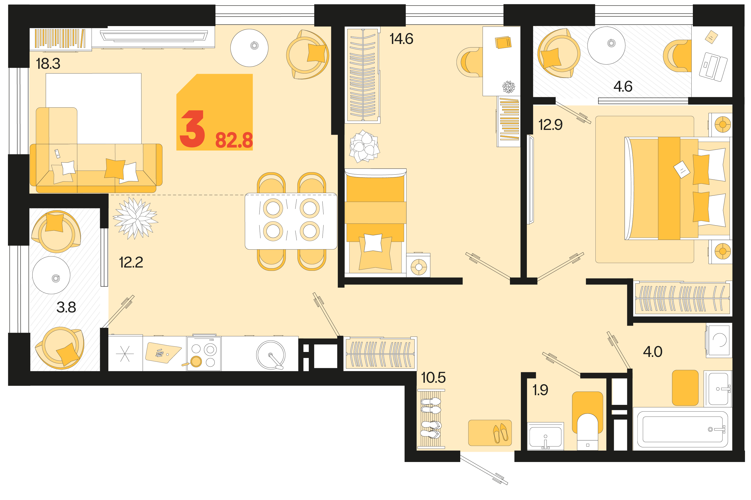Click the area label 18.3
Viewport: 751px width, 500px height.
48,64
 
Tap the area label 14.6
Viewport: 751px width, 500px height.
401,39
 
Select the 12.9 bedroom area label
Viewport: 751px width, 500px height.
550,125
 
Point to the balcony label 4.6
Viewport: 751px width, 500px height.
623,86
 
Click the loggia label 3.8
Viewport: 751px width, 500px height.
66,308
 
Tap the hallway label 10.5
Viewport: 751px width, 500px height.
433,378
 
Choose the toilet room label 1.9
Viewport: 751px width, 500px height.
540,390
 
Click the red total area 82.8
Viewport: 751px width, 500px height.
234,140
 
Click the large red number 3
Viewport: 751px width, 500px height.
192,129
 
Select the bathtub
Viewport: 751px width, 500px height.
682,429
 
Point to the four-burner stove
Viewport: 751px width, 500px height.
204,353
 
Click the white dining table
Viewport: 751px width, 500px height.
291,221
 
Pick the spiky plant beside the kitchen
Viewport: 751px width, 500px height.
136,218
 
